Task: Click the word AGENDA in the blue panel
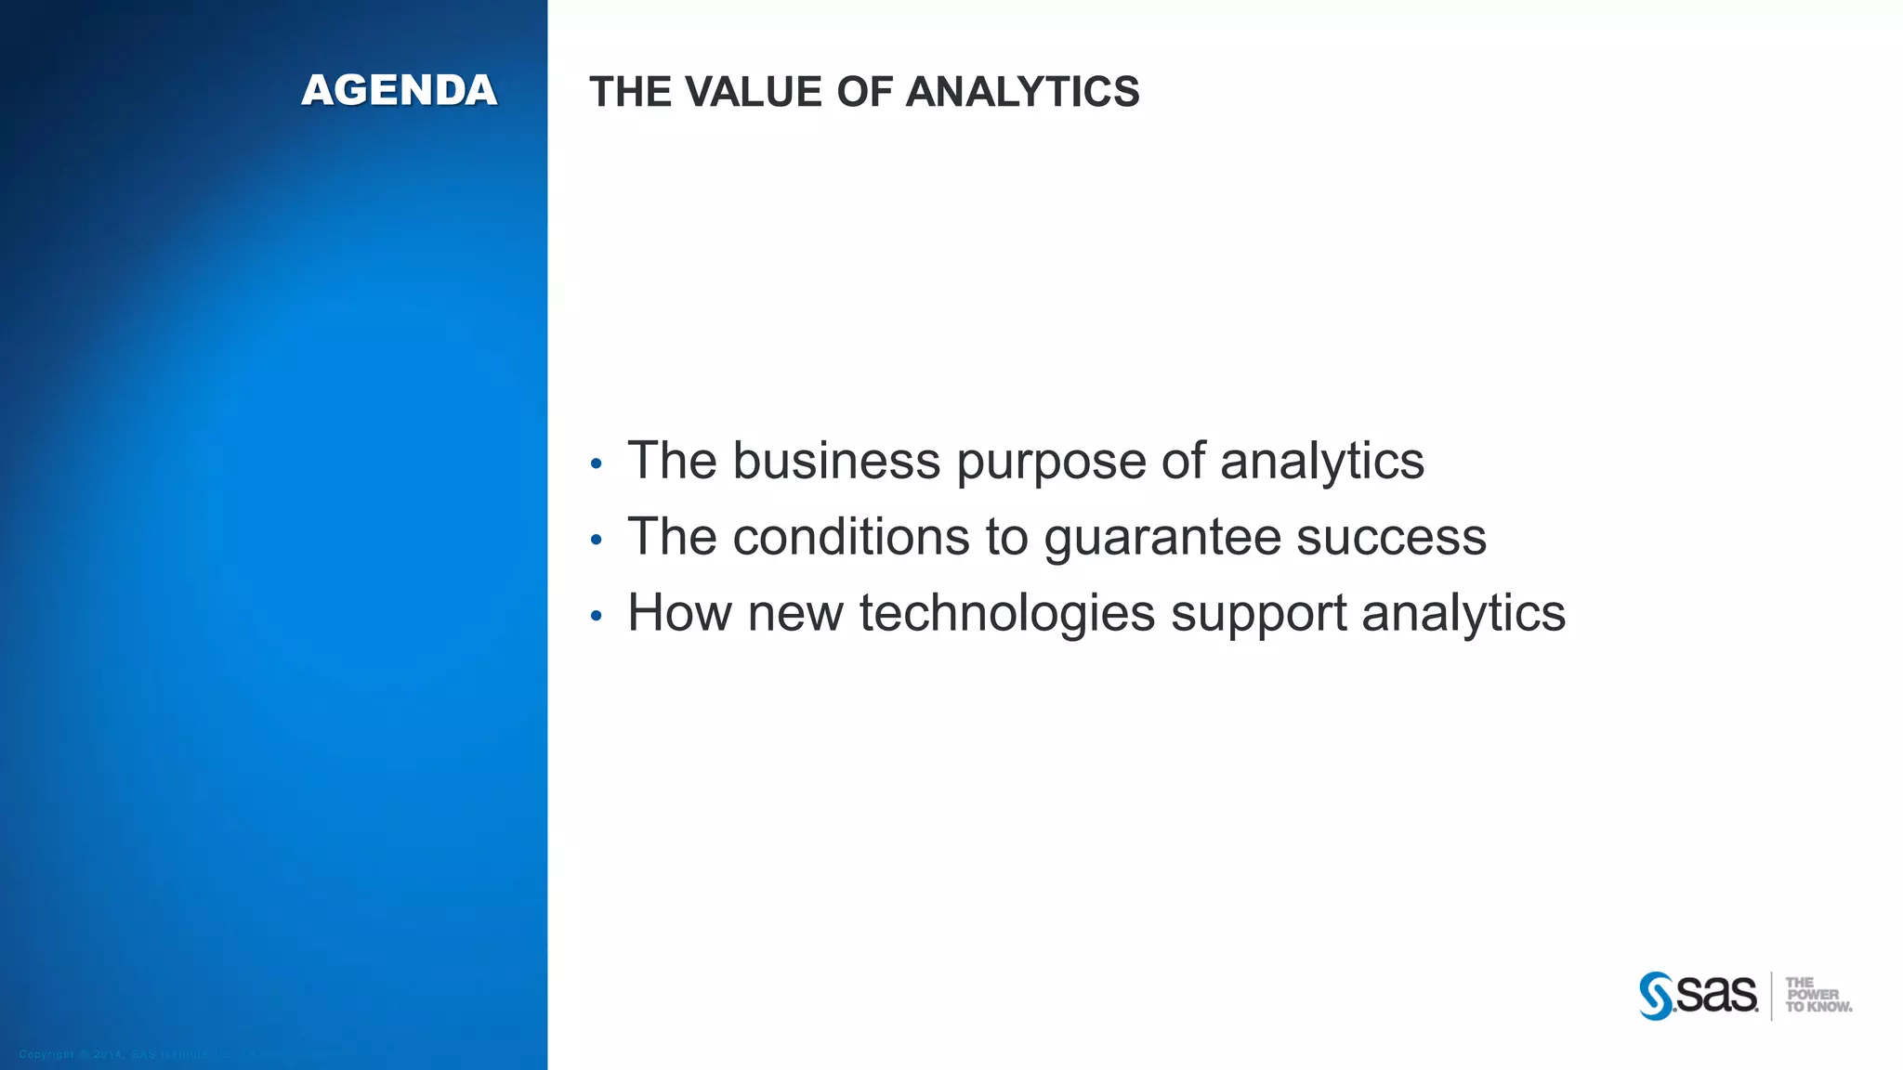[x=400, y=91]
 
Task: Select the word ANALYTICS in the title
[x=1022, y=92]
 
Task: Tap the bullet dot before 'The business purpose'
[x=597, y=463]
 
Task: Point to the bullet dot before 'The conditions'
[x=597, y=540]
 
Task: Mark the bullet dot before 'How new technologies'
[x=597, y=616]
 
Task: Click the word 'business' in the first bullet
[x=836, y=461]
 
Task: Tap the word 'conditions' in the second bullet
[x=851, y=537]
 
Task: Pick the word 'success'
[x=1391, y=539]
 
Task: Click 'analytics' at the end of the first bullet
[x=1321, y=463]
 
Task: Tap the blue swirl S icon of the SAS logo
[x=1656, y=996]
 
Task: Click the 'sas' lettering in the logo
[x=1717, y=995]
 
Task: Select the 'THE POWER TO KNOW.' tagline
[x=1817, y=995]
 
